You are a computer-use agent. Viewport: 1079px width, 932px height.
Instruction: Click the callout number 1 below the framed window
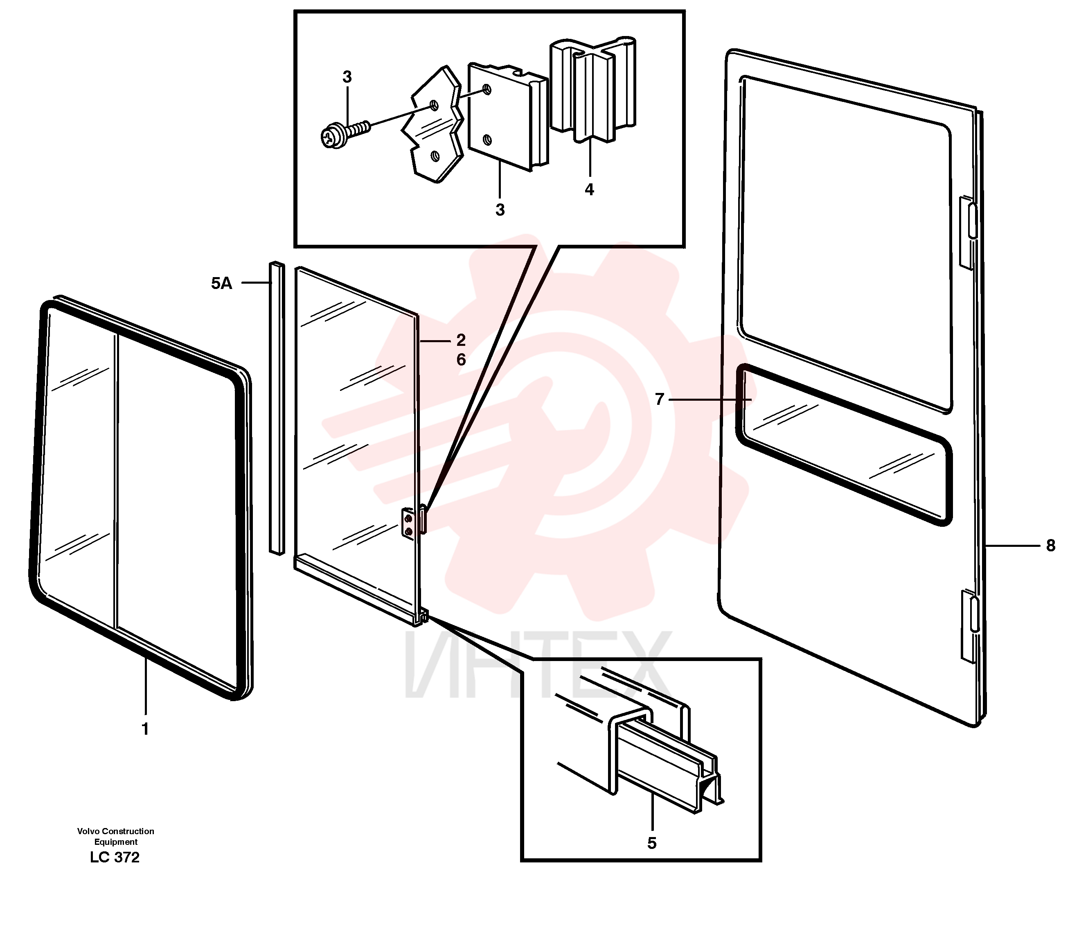pyautogui.click(x=145, y=729)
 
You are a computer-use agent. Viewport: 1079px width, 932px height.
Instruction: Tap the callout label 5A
pyautogui.click(x=221, y=283)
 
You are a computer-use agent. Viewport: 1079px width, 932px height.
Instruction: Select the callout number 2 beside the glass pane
pyautogui.click(x=461, y=340)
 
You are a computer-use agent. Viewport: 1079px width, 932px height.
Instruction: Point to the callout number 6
pyautogui.click(x=461, y=359)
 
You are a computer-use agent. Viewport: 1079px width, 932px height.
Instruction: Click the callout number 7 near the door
pyautogui.click(x=659, y=399)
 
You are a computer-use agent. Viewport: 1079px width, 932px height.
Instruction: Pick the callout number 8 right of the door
pyautogui.click(x=1050, y=546)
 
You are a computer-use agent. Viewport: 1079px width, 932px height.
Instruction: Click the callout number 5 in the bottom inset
pyautogui.click(x=651, y=844)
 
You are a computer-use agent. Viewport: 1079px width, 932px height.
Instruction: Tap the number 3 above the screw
pyautogui.click(x=347, y=77)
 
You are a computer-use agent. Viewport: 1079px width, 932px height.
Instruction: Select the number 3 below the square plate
pyautogui.click(x=500, y=210)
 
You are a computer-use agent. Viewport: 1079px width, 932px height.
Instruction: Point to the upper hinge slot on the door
pyautogui.click(x=972, y=221)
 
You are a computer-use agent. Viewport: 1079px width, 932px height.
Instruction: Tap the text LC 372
pyautogui.click(x=115, y=858)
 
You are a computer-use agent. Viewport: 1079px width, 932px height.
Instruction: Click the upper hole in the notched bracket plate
pyautogui.click(x=434, y=106)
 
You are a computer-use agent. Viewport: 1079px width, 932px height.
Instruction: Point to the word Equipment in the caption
pyautogui.click(x=116, y=842)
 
